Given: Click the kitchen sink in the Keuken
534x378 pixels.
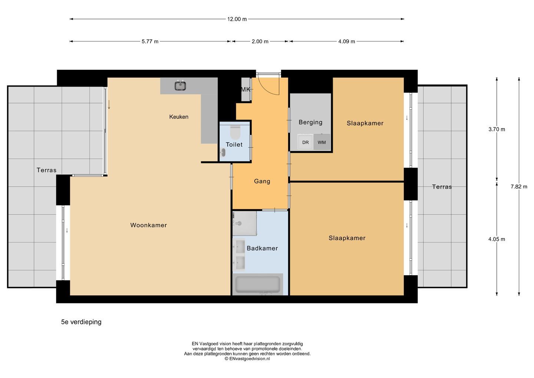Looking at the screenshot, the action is (x=180, y=86).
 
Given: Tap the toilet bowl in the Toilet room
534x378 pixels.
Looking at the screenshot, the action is (x=235, y=133).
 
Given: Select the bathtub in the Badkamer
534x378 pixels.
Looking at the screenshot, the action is (x=257, y=284).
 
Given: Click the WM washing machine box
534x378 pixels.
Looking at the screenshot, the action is (x=322, y=142).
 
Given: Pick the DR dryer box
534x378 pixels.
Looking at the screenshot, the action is (x=306, y=142).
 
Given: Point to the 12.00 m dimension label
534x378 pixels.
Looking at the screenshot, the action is (x=237, y=19).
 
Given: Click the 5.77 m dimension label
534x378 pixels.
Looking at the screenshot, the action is (x=150, y=42).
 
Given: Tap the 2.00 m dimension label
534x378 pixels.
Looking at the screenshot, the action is (x=260, y=42).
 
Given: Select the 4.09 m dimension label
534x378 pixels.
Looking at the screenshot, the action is (x=346, y=42).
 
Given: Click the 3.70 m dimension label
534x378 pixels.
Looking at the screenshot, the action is (x=497, y=129).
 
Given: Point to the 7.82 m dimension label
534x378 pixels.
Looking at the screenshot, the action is (x=519, y=187).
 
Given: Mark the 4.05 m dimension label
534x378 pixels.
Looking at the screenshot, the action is (x=497, y=239).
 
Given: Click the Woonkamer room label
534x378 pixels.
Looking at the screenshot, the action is (x=148, y=225).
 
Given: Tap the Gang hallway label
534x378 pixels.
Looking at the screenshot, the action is (x=262, y=181).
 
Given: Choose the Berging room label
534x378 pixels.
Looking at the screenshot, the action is (x=310, y=122).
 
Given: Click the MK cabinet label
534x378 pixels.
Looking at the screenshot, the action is (x=245, y=89).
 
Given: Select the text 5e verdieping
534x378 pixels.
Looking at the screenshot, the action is (x=81, y=322).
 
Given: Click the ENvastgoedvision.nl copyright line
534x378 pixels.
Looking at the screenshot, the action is (x=247, y=359).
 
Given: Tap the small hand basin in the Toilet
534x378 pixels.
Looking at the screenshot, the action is (x=223, y=153).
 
